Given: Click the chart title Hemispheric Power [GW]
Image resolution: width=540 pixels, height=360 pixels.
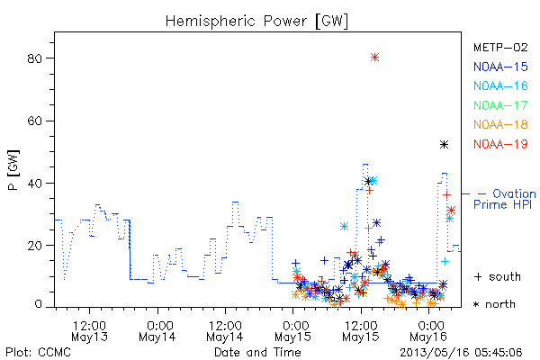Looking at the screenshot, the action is (256, 22).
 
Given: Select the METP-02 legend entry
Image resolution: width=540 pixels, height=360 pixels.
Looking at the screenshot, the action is (500, 48).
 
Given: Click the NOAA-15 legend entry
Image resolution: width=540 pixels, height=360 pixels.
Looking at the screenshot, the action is (500, 67).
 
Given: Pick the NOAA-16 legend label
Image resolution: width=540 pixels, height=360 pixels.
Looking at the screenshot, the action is (500, 85).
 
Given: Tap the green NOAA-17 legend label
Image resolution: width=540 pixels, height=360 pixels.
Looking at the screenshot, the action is (500, 105).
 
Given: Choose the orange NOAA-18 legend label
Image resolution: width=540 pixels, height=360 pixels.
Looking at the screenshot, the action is (500, 124).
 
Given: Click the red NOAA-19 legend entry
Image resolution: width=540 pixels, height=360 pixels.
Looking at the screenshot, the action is (500, 144).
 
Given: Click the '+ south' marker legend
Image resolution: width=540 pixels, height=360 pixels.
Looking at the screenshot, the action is (498, 276).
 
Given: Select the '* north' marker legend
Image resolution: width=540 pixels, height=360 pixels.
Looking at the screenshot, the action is (494, 304).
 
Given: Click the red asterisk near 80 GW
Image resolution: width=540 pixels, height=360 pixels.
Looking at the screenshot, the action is (375, 58).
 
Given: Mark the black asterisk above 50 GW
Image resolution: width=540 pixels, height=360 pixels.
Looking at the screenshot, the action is (445, 145).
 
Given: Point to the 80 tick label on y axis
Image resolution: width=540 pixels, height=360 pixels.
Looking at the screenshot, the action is (34, 58).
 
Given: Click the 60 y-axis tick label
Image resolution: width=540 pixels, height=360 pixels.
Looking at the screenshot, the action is (34, 121).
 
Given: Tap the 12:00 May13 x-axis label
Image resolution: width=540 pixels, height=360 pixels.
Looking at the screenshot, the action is (89, 331).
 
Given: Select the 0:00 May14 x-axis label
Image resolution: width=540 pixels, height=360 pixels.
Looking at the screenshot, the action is (157, 331).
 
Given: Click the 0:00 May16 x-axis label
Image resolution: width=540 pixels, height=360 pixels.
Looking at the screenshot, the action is (428, 331).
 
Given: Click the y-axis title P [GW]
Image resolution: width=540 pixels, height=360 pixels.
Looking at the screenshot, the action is (13, 170).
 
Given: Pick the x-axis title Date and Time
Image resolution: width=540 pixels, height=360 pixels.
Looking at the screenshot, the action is (257, 353).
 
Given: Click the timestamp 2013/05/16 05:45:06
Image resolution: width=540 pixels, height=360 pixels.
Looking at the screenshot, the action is (461, 353).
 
